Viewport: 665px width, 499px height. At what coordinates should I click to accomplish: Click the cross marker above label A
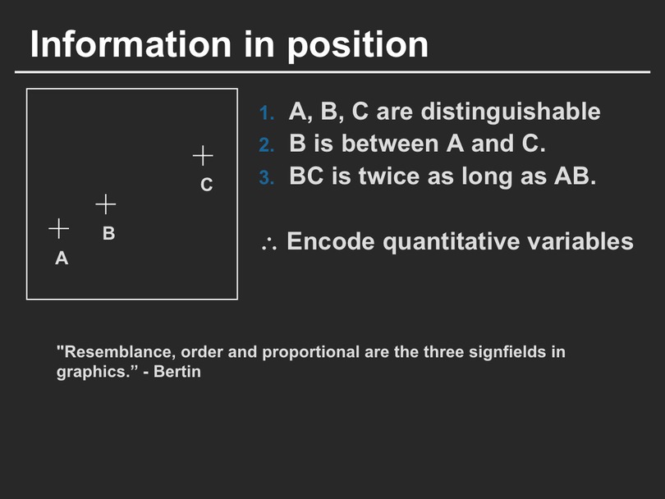[59, 229]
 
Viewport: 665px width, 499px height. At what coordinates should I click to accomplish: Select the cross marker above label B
[106, 205]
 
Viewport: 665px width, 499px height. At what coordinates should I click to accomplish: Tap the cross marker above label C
[203, 156]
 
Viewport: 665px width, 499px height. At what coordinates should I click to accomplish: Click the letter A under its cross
[62, 259]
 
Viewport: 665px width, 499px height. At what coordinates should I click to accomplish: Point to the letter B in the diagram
[109, 233]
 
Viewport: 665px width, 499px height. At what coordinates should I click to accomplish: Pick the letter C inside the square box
[207, 185]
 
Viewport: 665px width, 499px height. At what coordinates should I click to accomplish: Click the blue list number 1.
[267, 113]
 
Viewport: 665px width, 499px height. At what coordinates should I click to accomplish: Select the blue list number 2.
[267, 145]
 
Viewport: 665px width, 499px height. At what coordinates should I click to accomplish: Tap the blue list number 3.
[267, 177]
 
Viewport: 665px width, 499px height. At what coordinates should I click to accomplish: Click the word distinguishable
[510, 112]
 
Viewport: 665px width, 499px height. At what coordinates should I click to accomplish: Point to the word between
[390, 144]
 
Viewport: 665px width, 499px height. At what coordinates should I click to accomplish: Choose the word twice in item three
[389, 176]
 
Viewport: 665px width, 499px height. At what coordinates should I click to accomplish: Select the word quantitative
[451, 242]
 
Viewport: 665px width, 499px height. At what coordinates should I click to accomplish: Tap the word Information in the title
[131, 44]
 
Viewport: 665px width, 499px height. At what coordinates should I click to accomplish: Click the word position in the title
[358, 46]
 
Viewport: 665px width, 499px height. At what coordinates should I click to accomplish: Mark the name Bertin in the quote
[177, 372]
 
